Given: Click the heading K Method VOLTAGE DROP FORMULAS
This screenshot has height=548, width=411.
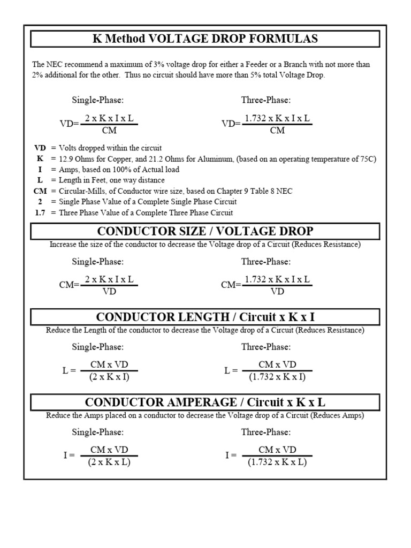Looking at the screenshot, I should [x=205, y=39].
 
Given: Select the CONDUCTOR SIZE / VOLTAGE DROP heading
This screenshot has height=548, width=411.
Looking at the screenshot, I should [x=205, y=231].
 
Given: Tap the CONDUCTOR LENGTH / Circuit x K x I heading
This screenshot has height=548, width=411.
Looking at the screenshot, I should [x=205, y=317].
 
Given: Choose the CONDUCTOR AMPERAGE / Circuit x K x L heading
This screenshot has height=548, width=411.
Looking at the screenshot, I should [x=205, y=402].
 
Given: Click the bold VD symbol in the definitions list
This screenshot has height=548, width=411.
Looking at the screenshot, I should [x=40, y=148].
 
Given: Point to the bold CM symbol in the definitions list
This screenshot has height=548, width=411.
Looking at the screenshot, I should [x=40, y=191].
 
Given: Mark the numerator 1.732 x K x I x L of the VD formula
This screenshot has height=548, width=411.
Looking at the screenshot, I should [x=277, y=119].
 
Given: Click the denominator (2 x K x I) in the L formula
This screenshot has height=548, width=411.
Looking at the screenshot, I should [x=109, y=377].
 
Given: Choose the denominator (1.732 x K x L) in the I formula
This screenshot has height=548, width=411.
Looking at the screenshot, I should [x=277, y=462].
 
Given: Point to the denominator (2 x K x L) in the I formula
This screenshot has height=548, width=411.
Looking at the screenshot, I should [x=109, y=462].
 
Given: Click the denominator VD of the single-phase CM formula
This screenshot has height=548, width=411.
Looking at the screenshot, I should [x=109, y=292].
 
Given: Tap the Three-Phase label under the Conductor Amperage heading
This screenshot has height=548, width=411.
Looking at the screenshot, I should [x=266, y=432].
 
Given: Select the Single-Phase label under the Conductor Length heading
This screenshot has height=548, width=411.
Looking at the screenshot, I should [x=98, y=347].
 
